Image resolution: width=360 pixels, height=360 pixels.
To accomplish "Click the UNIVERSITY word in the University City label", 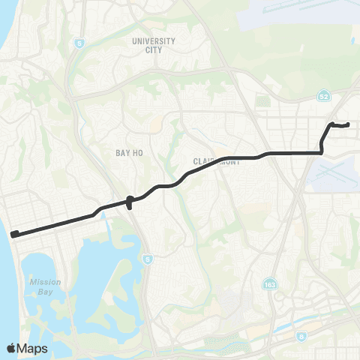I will (x=153, y=41).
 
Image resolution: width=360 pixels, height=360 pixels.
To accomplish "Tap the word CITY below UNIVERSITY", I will (x=153, y=49).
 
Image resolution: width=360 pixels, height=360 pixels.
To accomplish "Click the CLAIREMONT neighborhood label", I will (x=216, y=161).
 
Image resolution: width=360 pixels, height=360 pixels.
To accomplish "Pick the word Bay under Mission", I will (x=40, y=292).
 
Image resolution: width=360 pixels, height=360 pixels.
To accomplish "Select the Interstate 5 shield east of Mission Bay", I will (x=148, y=259).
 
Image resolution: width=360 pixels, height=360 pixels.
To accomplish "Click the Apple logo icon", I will (x=11, y=348).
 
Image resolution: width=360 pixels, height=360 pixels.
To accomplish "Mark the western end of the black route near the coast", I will (x=14, y=234).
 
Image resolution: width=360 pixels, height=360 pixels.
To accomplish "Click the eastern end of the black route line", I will (x=349, y=124).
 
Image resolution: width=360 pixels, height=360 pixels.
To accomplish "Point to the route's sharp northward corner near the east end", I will (x=322, y=151).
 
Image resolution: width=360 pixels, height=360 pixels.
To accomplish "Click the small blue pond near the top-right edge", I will (x=352, y=40).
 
